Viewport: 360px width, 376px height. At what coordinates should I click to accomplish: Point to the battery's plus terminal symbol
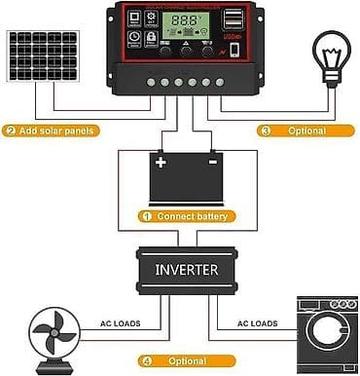[162, 163]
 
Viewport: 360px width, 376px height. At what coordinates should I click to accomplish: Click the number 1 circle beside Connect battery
[147, 216]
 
